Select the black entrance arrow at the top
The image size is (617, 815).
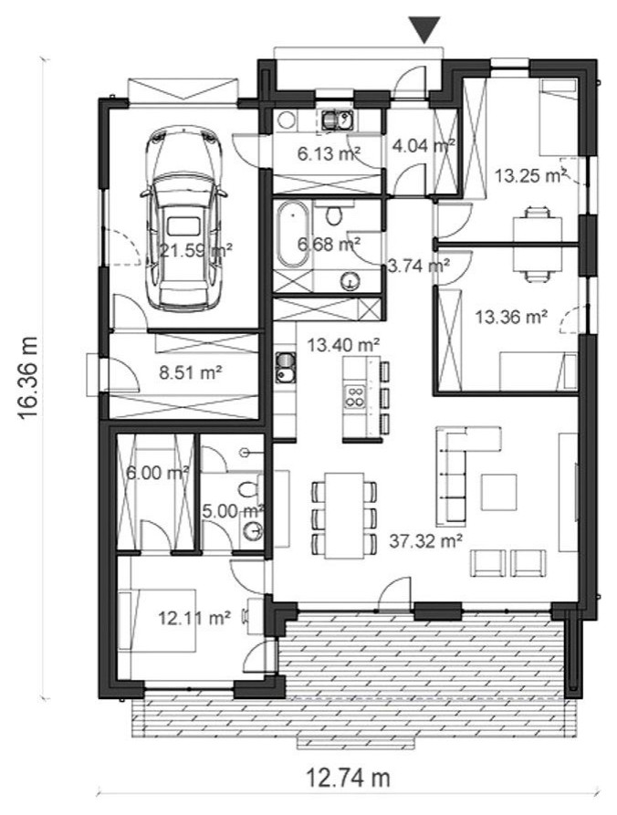[424, 30]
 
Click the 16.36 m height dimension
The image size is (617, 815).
[28, 378]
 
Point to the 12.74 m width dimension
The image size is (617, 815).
[348, 778]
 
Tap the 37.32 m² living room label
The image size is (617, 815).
[426, 541]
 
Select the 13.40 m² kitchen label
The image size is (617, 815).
[343, 344]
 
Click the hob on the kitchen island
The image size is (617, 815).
[354, 396]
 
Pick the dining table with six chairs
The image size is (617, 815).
[344, 515]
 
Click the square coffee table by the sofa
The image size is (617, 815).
[498, 492]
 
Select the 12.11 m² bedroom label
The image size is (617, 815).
[194, 618]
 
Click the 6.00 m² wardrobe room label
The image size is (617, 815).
[158, 473]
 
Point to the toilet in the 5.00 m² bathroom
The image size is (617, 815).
[248, 489]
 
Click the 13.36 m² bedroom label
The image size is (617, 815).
[512, 317]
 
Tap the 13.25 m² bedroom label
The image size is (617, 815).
[529, 175]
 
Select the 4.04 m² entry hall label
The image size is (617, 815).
[424, 145]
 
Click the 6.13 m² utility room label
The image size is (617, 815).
[329, 153]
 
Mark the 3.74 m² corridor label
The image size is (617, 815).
[419, 266]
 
